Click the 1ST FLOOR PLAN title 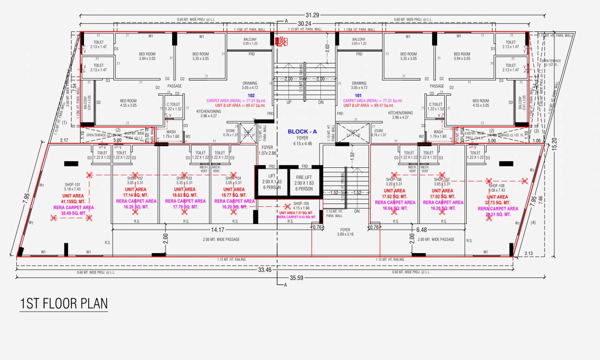click(x=64, y=303)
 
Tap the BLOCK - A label click(x=302, y=132)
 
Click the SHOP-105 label click(x=301, y=204)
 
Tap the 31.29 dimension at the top click(x=312, y=15)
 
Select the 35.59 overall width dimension click(x=296, y=277)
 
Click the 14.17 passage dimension click(x=217, y=230)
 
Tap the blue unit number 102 click(x=251, y=96)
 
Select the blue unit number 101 click(x=358, y=96)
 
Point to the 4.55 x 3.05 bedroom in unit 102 click(x=128, y=103)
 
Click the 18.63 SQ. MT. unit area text click(x=185, y=195)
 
